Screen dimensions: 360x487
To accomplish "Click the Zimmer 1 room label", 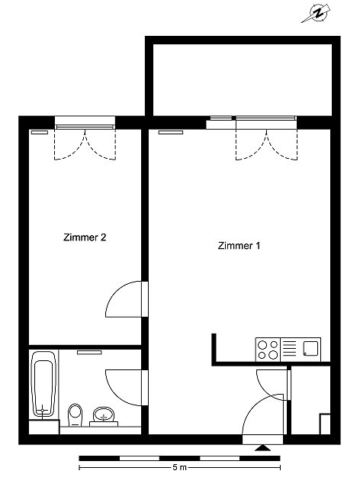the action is click(x=239, y=246).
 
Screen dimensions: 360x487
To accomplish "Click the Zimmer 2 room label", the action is click(x=85, y=237).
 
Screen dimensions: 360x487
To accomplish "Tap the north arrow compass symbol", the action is click(x=317, y=14).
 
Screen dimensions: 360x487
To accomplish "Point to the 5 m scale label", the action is click(x=180, y=467).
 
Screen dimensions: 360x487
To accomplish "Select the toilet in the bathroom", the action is click(x=75, y=414).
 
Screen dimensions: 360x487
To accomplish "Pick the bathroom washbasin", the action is click(x=103, y=415).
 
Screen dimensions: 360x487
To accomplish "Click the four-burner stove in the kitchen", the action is click(x=268, y=350).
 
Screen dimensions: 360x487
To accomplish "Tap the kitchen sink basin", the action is click(x=310, y=349).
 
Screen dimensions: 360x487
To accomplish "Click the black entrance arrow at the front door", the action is click(x=262, y=447).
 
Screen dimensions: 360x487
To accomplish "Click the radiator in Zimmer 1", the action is click(x=170, y=132).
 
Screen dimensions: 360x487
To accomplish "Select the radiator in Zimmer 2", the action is click(x=40, y=132).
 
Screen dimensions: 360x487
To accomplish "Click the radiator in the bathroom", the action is click(x=89, y=353).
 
